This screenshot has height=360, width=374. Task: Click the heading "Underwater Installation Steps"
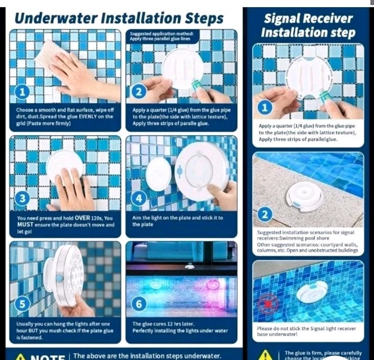click(x=119, y=18)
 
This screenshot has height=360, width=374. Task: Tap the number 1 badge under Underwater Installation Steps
click(x=21, y=92)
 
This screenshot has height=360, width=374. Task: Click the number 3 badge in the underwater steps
click(x=21, y=199)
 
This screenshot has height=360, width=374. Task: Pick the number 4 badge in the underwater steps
click(x=138, y=199)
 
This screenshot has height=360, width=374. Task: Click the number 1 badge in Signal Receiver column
click(x=263, y=107)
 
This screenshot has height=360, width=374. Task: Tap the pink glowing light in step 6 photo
click(x=213, y=284)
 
